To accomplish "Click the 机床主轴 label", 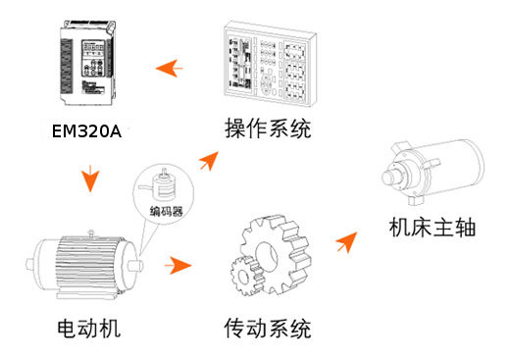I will [x=431, y=228].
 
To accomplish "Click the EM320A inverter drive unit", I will [x=93, y=63].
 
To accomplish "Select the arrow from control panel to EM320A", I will [x=170, y=68].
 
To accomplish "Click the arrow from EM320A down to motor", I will [x=91, y=180].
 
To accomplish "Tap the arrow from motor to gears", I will [x=178, y=265].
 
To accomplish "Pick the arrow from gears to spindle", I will [x=345, y=240].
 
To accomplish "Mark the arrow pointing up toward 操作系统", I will [x=209, y=160].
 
